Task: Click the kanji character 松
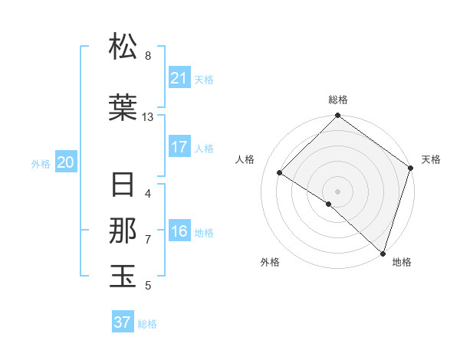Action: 123,47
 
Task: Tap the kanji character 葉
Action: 123,109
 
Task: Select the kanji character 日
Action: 123,186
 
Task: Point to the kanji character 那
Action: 123,231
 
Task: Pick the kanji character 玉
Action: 123,277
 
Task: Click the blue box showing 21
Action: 179,78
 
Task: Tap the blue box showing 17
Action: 179,147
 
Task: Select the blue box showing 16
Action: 179,232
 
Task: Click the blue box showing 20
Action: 66,162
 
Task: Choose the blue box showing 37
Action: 123,322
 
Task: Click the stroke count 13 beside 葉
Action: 148,117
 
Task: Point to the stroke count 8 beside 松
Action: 148,55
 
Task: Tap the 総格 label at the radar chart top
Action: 337,100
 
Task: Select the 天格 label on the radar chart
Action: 431,159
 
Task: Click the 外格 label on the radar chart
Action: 270,262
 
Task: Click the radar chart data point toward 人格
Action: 280,173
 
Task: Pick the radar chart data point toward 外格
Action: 329,204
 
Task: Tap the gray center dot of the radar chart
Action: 337,191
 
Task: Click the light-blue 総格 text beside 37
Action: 147,324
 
